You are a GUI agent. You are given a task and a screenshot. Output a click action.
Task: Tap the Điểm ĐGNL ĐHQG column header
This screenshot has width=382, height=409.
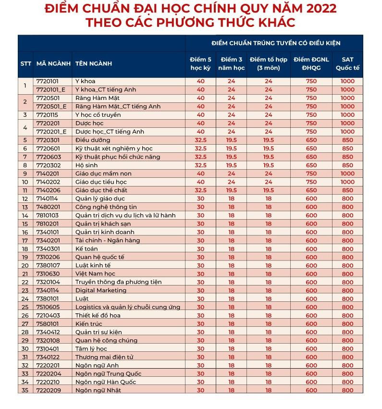click(x=311, y=63)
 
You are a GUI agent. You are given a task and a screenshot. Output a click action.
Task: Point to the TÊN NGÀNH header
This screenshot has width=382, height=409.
click(x=93, y=63)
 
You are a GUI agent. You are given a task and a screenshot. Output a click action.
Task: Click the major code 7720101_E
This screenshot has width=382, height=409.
click(x=51, y=90)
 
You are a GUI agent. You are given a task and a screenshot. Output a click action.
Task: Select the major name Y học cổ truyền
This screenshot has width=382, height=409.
click(x=98, y=115)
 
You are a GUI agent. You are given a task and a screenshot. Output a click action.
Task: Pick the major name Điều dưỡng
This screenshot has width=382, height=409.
click(x=93, y=140)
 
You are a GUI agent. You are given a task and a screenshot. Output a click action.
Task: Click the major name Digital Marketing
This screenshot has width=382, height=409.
click(x=101, y=290)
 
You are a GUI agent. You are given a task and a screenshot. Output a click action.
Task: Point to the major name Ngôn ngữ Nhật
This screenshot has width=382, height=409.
click(x=98, y=390)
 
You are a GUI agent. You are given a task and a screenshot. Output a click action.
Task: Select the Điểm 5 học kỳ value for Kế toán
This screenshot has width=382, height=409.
click(x=200, y=248)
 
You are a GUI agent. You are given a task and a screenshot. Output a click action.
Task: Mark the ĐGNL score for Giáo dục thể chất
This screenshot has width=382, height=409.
click(x=311, y=190)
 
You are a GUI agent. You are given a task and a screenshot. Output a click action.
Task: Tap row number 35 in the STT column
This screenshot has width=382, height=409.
click(x=25, y=390)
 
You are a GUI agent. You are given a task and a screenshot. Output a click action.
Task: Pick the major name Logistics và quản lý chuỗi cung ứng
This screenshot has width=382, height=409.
click(x=127, y=307)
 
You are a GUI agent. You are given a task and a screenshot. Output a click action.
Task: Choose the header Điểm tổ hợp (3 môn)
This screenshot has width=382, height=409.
click(x=268, y=63)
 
